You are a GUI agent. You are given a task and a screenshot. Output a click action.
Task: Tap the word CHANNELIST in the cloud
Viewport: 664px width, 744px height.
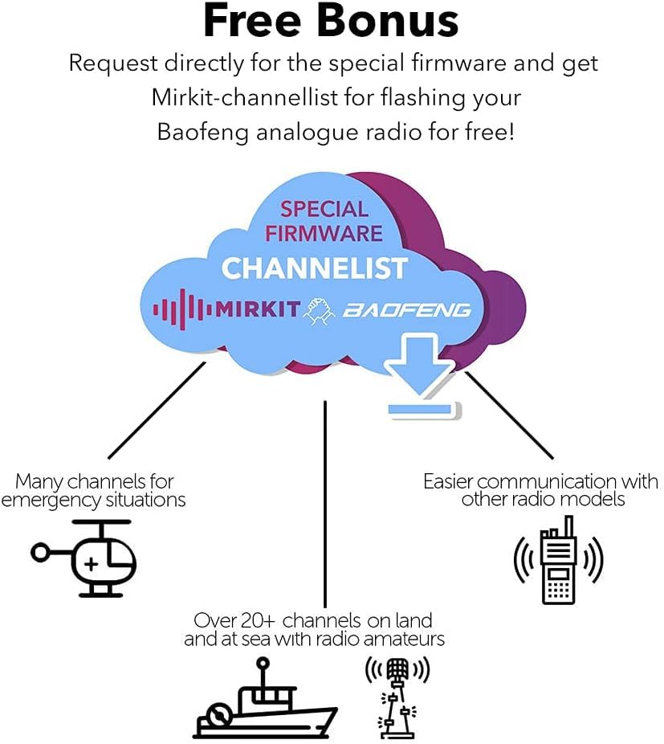point(315,268)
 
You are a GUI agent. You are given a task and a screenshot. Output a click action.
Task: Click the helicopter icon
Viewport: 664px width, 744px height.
point(87,557)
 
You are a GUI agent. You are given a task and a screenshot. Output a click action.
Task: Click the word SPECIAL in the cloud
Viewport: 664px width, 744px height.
point(324,210)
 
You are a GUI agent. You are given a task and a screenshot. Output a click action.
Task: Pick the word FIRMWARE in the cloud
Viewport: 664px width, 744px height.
point(324,234)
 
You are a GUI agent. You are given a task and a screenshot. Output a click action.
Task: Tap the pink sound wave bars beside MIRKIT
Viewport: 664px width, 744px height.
point(182,309)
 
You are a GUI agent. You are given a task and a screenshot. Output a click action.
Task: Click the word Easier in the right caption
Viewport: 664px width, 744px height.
point(452,481)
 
